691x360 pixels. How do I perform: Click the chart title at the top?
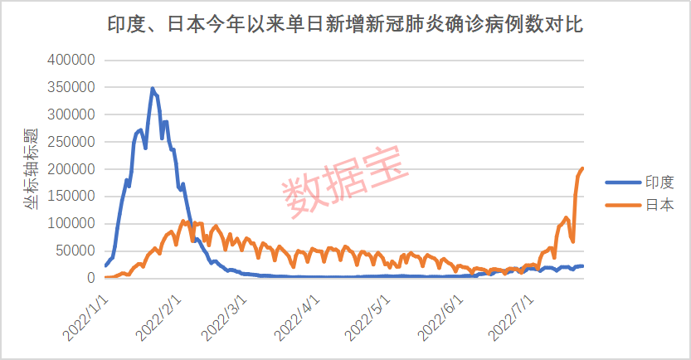click(x=345, y=26)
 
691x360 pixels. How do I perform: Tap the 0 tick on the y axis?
click(x=91, y=278)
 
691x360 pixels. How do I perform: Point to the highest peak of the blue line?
click(x=152, y=88)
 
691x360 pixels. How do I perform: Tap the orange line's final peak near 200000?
click(x=582, y=168)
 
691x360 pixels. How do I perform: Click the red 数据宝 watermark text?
click(x=347, y=182)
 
